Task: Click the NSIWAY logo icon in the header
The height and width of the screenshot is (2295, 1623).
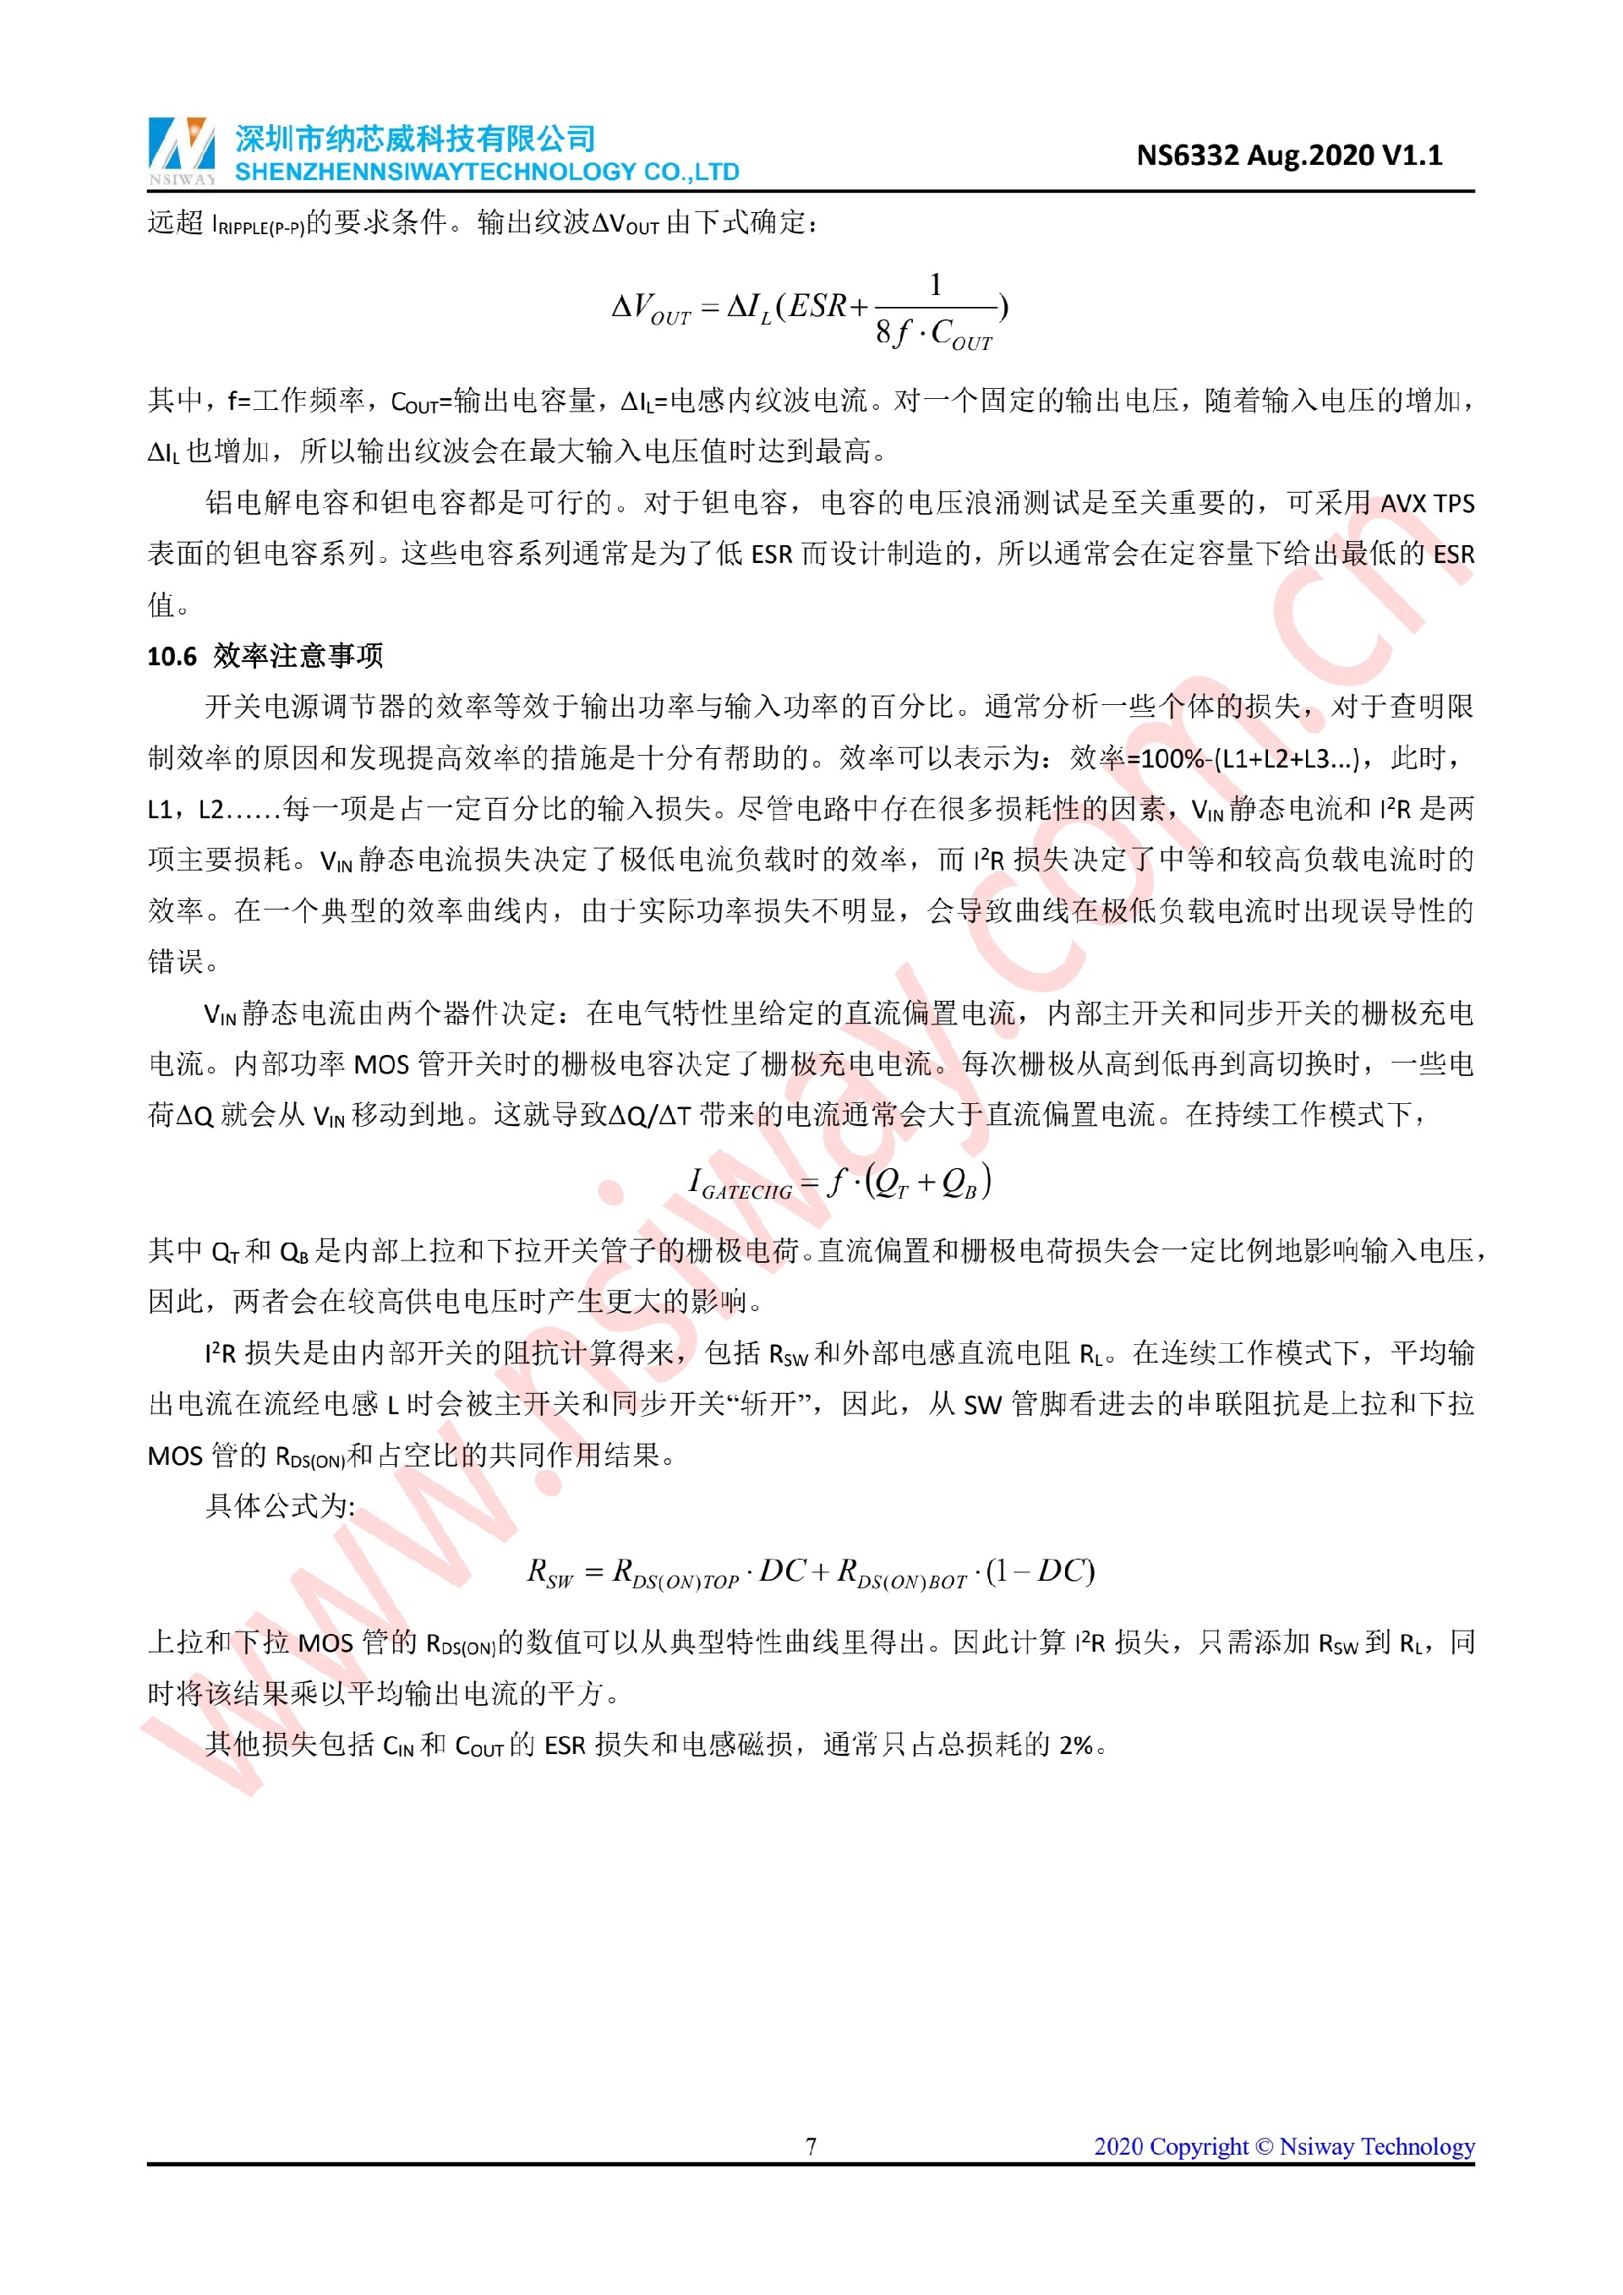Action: [x=181, y=150]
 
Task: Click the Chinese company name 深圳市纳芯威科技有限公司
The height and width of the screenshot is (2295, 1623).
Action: [x=415, y=138]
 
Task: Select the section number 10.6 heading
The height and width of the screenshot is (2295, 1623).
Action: [x=172, y=656]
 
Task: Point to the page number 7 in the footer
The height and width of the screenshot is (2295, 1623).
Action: [x=811, y=2146]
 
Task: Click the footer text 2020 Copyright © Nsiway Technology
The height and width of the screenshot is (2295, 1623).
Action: [x=1283, y=2146]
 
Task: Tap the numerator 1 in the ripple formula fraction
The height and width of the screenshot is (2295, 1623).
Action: [x=936, y=285]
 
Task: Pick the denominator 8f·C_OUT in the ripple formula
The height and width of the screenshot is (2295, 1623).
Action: [x=933, y=334]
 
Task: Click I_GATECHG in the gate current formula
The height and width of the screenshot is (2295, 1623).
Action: [x=740, y=1184]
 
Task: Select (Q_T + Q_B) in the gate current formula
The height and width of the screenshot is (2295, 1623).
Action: [x=928, y=1183]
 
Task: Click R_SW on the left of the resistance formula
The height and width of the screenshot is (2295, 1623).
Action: [x=549, y=1572]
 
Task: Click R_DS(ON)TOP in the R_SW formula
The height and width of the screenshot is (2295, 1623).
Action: [x=675, y=1573]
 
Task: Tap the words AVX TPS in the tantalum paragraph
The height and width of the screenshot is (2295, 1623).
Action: [x=1426, y=503]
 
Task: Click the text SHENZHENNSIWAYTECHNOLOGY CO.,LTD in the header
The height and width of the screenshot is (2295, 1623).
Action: [x=487, y=172]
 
